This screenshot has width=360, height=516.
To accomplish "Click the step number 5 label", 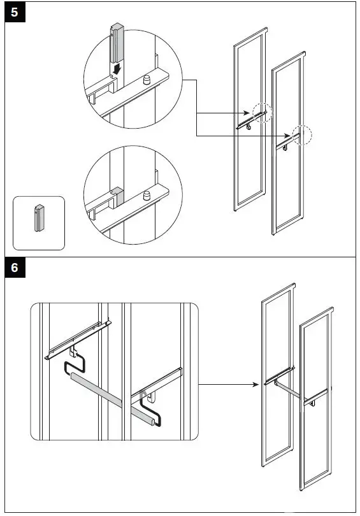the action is (15, 13).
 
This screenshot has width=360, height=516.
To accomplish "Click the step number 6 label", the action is (15, 268).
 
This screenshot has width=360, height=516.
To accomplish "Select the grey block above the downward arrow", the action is (117, 43).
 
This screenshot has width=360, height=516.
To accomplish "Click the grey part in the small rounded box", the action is (39, 218).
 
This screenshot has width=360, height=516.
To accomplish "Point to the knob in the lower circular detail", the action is (147, 196).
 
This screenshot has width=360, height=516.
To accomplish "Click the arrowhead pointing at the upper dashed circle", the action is (247, 113).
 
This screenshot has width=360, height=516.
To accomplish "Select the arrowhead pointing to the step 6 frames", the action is (255, 384).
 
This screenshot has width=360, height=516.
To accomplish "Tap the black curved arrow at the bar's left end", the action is (75, 363).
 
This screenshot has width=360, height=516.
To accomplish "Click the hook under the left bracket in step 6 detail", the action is (73, 352).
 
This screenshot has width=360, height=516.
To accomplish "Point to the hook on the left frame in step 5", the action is (248, 126).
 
